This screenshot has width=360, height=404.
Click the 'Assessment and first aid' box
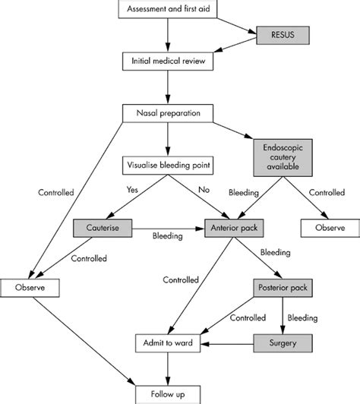coord(166,8)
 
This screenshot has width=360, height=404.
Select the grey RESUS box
coord(274,34)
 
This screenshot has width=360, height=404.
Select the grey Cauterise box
coord(103,226)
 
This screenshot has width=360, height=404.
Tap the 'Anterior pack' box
coord(233,226)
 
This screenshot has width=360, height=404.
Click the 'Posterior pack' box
coord(283,289)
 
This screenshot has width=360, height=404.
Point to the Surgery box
coord(283,342)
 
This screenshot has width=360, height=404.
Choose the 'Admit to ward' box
coord(169,342)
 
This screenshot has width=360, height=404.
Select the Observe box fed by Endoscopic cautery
coord(330,226)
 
